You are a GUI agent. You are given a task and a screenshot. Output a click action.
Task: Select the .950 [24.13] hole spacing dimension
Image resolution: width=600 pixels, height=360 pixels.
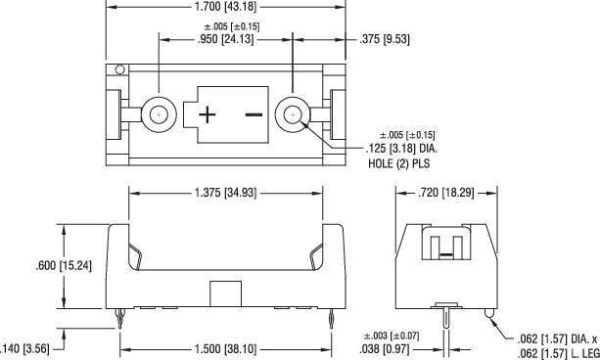click(x=223, y=41)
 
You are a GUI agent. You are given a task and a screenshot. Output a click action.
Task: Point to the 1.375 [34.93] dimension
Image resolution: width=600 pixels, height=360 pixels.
click(x=224, y=193)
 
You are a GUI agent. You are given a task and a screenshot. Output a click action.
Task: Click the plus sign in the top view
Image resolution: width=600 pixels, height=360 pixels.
click(x=208, y=114)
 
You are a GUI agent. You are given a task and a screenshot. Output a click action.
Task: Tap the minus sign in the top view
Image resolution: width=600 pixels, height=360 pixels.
click(x=254, y=114)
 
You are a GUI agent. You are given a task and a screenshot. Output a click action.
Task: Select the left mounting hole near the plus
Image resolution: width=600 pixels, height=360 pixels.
click(x=158, y=114)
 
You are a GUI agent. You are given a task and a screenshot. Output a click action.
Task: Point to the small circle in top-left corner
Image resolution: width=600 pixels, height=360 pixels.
click(x=119, y=70)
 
